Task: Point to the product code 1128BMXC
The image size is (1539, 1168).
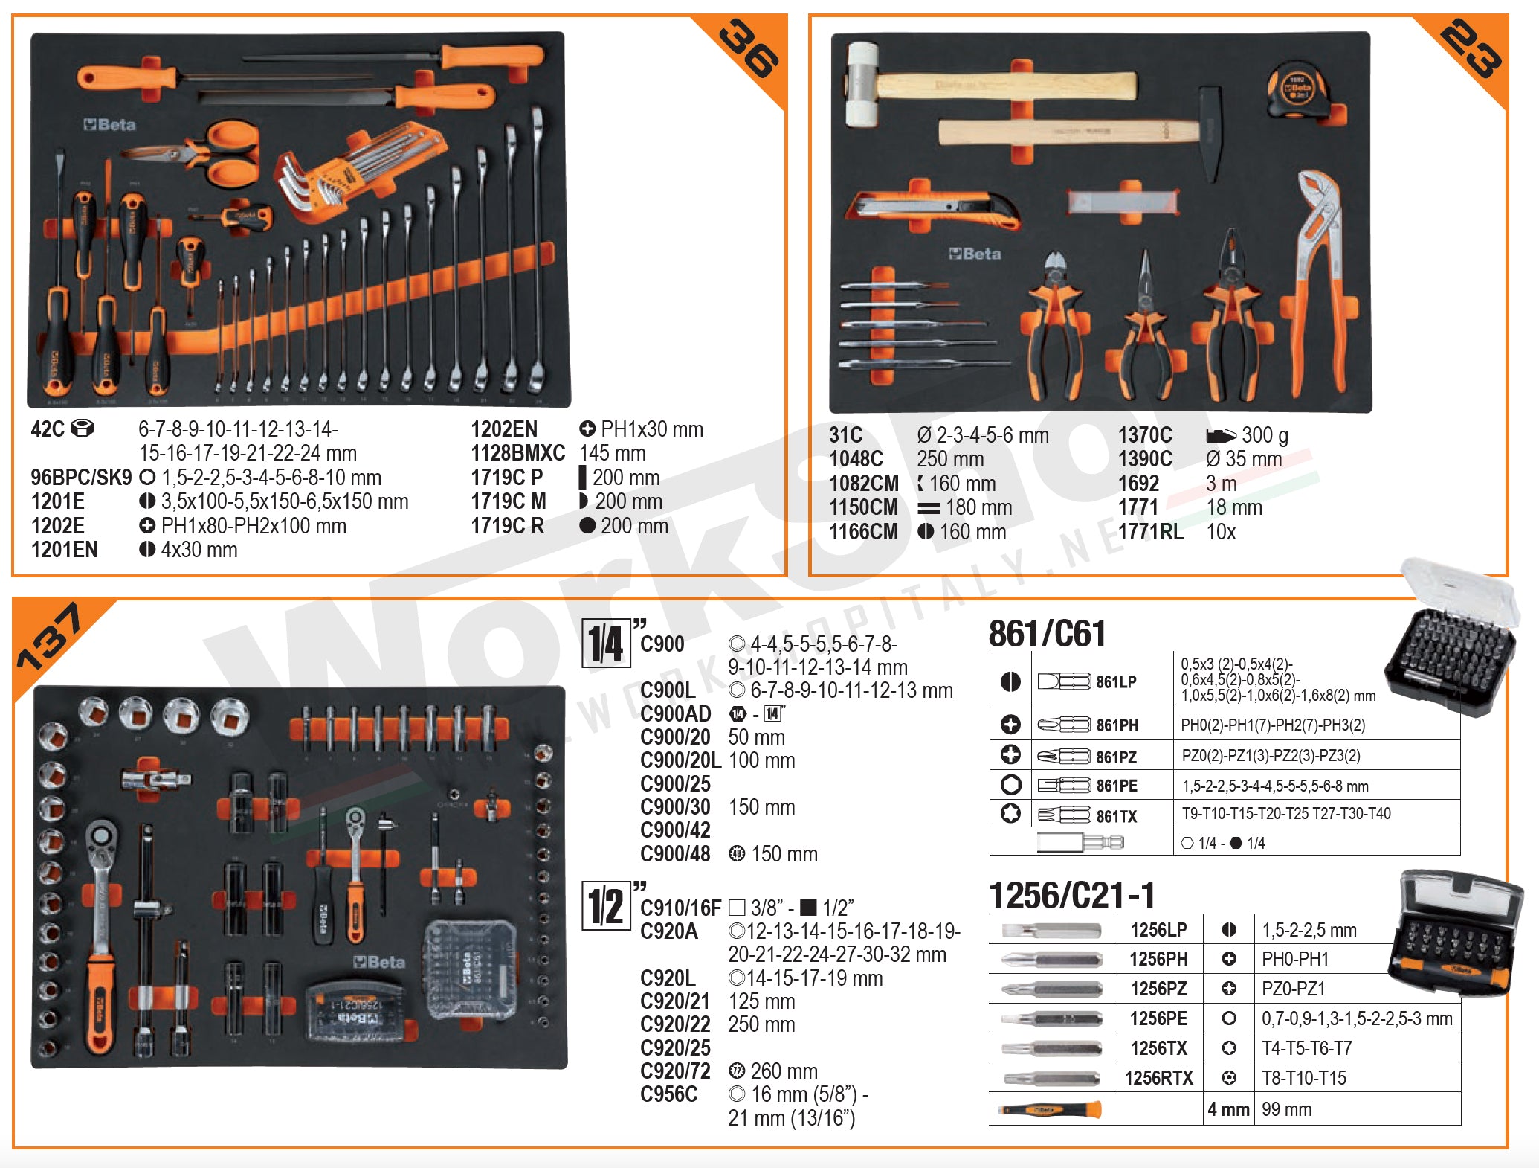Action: (517, 453)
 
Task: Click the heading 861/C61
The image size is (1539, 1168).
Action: (1047, 634)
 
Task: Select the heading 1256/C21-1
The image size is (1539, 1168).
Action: (1071, 894)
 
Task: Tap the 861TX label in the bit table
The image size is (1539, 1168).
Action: (1116, 816)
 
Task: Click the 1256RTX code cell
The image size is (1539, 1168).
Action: (1158, 1078)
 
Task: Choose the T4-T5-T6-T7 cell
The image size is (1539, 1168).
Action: (1306, 1048)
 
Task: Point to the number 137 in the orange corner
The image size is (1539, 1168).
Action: (51, 638)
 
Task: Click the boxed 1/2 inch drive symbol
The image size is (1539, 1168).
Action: (606, 905)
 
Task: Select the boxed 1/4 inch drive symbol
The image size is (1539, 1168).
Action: (606, 644)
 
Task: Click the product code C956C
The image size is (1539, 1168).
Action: (669, 1094)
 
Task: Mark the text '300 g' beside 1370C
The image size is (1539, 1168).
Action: (1265, 435)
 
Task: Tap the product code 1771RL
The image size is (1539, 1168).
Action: (1150, 532)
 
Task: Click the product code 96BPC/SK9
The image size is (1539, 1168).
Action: (81, 478)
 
